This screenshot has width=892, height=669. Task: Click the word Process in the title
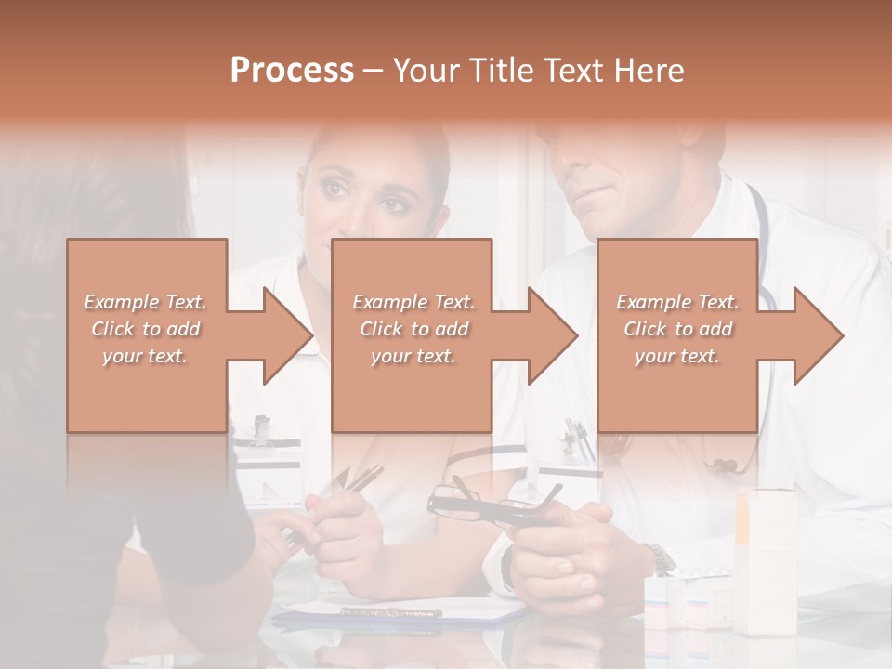point(292,71)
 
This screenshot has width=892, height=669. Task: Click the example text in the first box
point(146,329)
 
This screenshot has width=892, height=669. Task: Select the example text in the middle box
point(413,329)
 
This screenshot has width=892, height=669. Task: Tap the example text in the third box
point(677,329)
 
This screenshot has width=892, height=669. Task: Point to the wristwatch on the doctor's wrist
point(661,559)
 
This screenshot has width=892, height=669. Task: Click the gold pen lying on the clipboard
point(390,611)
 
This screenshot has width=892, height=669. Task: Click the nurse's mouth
point(361,243)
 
